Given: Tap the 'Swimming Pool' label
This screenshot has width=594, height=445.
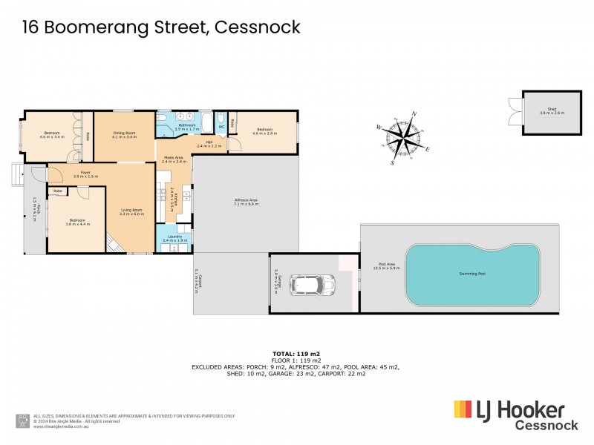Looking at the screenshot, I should tap(472, 274).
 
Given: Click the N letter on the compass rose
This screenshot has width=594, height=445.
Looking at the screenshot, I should tap(414, 114).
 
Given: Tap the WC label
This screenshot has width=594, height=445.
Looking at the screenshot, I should tap(221, 126).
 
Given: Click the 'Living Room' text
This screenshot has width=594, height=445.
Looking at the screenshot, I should tap(131, 210).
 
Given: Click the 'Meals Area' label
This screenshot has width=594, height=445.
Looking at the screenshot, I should tap(174, 157).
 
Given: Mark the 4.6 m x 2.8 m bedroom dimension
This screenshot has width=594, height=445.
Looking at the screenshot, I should tap(264, 133).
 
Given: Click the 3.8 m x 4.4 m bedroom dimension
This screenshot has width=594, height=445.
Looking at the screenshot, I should tap(77, 224).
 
